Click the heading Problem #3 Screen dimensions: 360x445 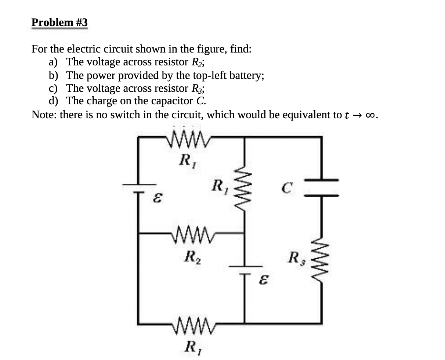[59, 22]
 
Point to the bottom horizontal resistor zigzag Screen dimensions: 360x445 [192, 323]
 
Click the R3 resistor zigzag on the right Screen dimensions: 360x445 [322, 256]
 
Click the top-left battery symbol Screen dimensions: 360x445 [139, 187]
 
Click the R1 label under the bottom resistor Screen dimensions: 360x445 [191, 346]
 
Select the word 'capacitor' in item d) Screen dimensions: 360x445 [177, 100]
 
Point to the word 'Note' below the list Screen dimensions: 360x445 [43, 115]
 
